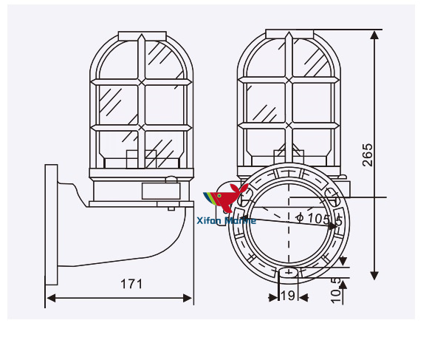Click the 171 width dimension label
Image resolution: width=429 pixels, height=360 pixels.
[x=131, y=283]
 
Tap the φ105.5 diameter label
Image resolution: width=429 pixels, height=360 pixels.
[x=318, y=219]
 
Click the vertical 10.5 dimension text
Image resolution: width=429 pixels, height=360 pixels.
[x=336, y=291]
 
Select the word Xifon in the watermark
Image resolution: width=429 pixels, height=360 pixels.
[x=212, y=220]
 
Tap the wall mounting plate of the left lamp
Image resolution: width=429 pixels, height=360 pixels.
[x=51, y=225]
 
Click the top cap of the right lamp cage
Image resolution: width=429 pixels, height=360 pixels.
[x=289, y=33]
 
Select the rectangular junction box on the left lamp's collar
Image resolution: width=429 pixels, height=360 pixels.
[x=160, y=191]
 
